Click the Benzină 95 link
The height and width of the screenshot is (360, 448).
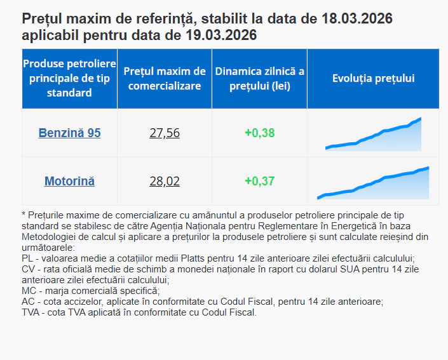pyautogui.click(x=69, y=133)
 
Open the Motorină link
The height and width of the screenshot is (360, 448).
pyautogui.click(x=69, y=182)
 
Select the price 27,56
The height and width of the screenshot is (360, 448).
pyautogui.click(x=165, y=133)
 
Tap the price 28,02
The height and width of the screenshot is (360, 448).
pyautogui.click(x=165, y=182)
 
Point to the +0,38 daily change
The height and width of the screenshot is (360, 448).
pyautogui.click(x=259, y=133)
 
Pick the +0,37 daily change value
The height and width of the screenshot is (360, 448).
pyautogui.click(x=259, y=182)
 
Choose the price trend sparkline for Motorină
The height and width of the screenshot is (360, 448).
pyautogui.click(x=374, y=183)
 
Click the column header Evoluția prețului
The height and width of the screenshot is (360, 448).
pyautogui.click(x=374, y=79)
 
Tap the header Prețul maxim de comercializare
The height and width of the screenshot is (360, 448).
pyautogui.click(x=165, y=79)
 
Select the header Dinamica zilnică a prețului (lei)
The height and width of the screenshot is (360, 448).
pyautogui.click(x=259, y=79)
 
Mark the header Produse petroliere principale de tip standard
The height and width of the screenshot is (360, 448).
pyautogui.click(x=69, y=79)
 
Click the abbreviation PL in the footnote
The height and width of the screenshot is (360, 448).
pyautogui.click(x=27, y=259)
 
